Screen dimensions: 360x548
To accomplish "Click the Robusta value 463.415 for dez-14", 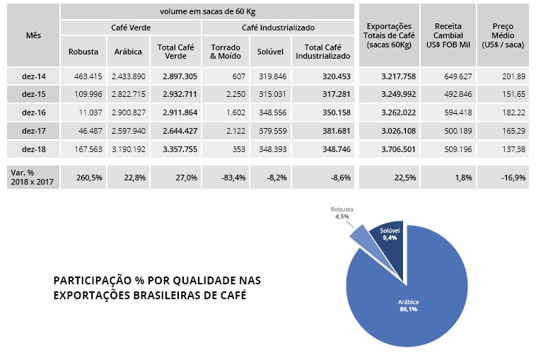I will tap(83, 76).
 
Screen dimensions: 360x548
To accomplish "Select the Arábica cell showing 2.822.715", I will tap(128, 94).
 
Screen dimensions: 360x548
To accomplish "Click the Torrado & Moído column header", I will tap(226, 51).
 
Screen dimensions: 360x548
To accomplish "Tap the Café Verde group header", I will tap(130, 27).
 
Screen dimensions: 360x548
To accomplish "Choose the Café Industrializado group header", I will tap(278, 27).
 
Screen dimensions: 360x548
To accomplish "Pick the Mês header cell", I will tap(33, 35).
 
